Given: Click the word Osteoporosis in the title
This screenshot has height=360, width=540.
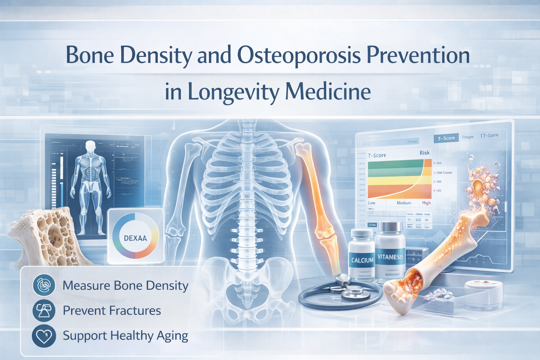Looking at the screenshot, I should pyautogui.click(x=299, y=56).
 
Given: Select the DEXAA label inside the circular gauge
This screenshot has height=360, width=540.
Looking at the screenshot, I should pyautogui.click(x=135, y=238).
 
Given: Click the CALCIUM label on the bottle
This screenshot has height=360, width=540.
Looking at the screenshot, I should pyautogui.click(x=362, y=260).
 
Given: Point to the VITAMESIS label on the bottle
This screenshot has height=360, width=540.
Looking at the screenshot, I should pyautogui.click(x=390, y=257).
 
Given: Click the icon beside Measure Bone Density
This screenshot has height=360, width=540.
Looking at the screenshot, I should pyautogui.click(x=44, y=285).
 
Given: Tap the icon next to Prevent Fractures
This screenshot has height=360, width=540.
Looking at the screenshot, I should pyautogui.click(x=44, y=310).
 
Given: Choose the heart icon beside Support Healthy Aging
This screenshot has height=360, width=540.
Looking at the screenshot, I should pyautogui.click(x=44, y=336).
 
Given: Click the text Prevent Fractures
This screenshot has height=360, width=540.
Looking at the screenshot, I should pyautogui.click(x=112, y=311).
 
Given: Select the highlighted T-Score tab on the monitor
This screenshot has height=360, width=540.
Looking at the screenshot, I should pyautogui.click(x=446, y=138).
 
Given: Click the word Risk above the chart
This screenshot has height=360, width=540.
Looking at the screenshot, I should pyautogui.click(x=424, y=153).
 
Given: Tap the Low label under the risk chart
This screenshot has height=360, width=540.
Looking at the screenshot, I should pyautogui.click(x=372, y=203).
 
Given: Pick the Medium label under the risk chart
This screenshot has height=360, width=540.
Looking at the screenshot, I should pyautogui.click(x=404, y=203).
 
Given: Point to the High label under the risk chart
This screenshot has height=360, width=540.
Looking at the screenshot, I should pyautogui.click(x=426, y=203).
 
